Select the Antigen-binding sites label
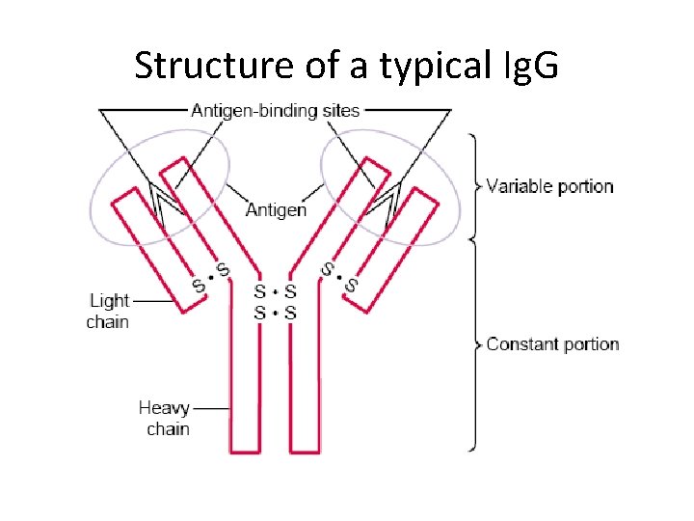click(x=275, y=110)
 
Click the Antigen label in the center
click(x=277, y=209)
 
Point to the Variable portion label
click(x=549, y=186)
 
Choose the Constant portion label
click(x=552, y=344)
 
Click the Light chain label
click(x=108, y=311)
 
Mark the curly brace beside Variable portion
click(x=474, y=185)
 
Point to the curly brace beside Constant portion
click(x=474, y=344)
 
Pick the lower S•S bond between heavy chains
click(x=275, y=313)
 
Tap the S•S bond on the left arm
click(x=211, y=277)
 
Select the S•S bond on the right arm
click(x=339, y=277)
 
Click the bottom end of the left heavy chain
click(x=245, y=450)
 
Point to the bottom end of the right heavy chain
click(x=305, y=450)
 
